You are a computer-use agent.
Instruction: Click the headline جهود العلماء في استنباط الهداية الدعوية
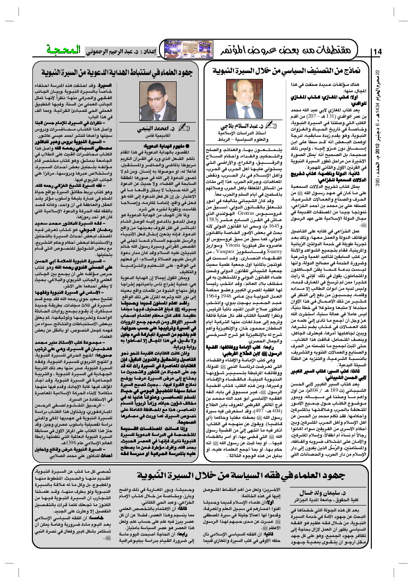click(118, 72)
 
